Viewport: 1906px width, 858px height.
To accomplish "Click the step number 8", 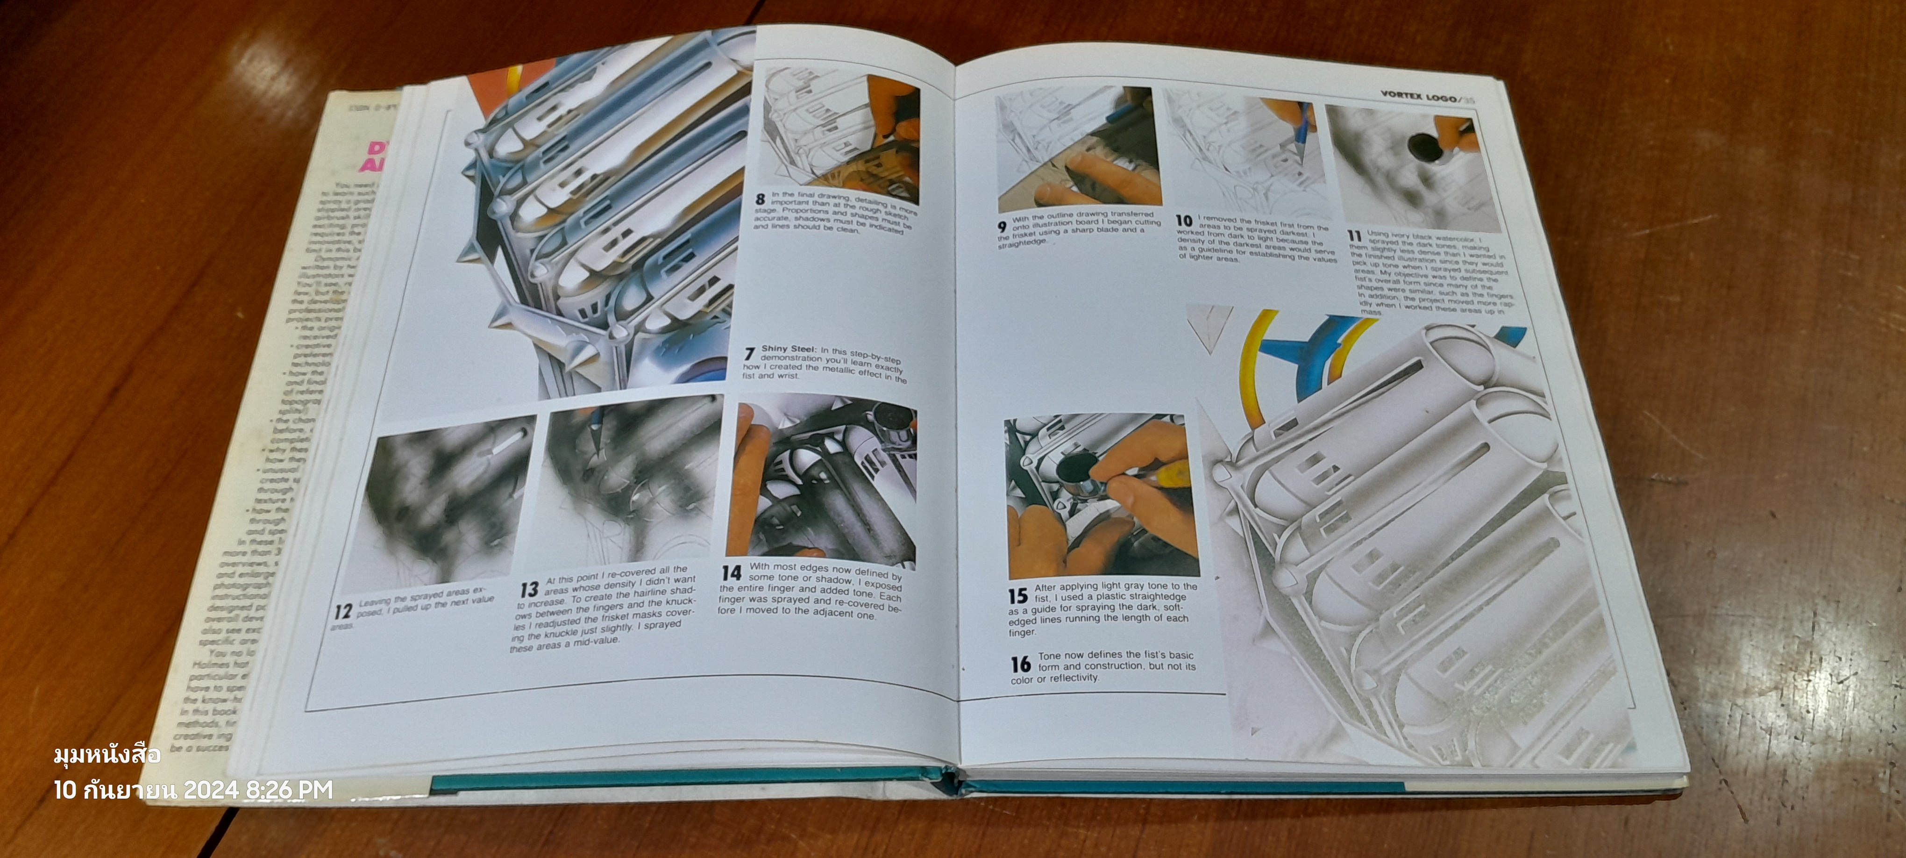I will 760,199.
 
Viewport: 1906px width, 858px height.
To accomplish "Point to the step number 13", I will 528,590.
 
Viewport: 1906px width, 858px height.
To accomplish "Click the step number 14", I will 731,573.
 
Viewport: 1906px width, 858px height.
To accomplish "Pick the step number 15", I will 1018,595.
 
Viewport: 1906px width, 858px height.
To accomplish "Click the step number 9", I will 1002,227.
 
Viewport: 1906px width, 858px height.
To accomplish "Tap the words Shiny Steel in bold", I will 788,349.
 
